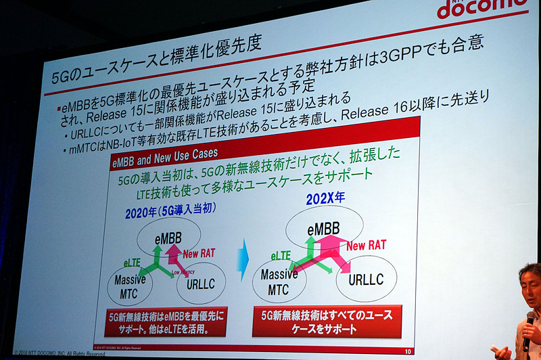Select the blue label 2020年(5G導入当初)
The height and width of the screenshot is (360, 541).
(170, 212)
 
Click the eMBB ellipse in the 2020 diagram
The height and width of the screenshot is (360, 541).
(168, 238)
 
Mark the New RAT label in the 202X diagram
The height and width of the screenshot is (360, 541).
(366, 245)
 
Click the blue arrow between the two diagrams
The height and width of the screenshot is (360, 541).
(241, 263)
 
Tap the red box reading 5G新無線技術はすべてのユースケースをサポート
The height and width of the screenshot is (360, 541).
(327, 321)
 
